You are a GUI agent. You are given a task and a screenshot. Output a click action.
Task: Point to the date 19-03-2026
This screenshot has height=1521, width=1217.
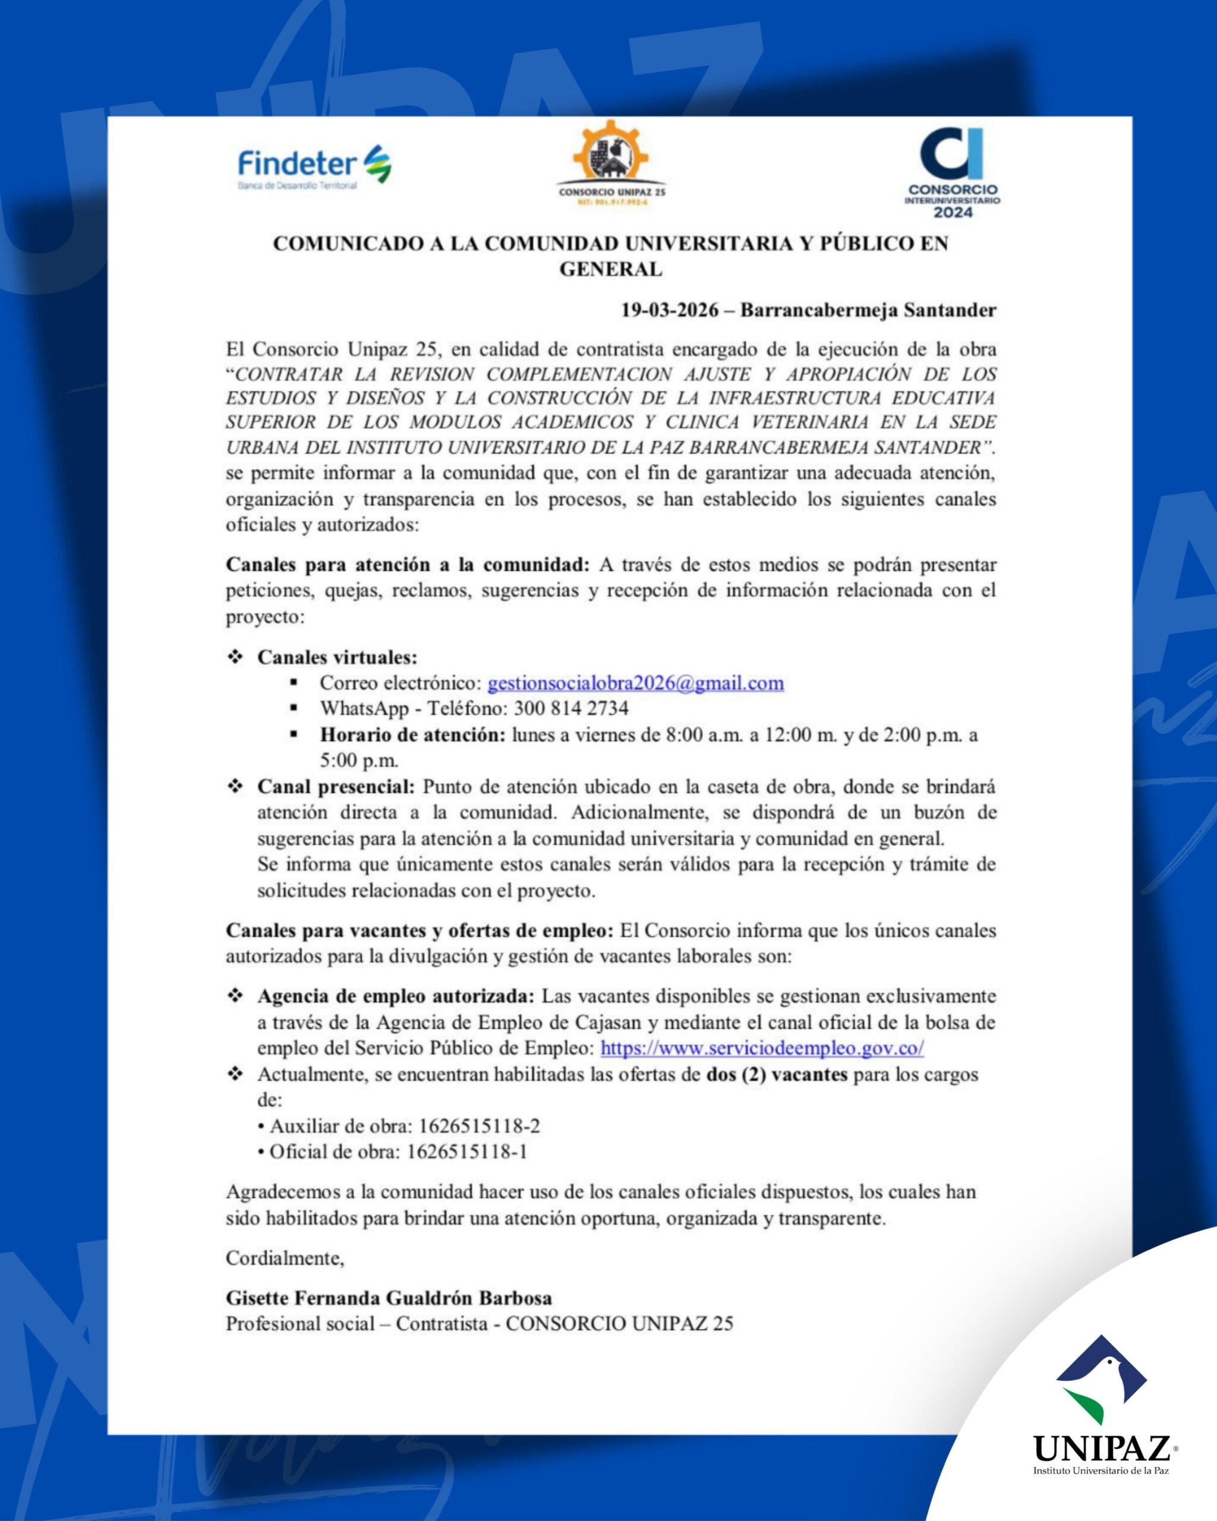point(670,310)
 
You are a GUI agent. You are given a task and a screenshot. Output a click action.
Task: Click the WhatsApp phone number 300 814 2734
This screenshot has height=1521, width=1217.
point(570,708)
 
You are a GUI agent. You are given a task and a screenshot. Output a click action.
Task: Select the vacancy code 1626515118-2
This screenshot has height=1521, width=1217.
point(480,1126)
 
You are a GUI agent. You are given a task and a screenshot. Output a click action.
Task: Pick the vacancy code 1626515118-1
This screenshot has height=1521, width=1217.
point(467,1152)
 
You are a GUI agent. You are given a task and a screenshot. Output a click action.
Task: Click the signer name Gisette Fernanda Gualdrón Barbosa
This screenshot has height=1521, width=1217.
point(389,1298)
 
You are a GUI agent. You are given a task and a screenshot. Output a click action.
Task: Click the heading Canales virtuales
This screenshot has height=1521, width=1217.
point(338,658)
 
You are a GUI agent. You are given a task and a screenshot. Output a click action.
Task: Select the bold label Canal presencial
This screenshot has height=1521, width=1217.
point(336,787)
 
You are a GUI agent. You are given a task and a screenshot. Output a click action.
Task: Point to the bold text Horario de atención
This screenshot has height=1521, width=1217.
point(413,735)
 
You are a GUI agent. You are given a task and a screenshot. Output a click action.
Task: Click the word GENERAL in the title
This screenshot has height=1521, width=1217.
point(611,270)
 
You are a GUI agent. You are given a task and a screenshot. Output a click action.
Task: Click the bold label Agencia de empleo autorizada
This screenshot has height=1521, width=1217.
point(396,997)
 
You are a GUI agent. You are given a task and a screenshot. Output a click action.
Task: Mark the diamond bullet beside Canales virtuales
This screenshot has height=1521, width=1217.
point(235,657)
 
